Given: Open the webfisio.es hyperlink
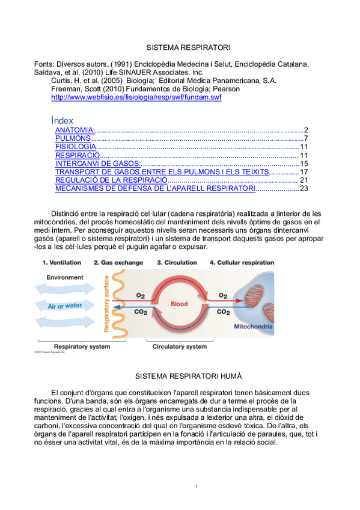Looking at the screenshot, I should click(136, 97).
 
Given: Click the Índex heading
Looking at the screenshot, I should click(63, 120).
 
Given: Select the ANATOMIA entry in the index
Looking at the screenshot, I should click(75, 130).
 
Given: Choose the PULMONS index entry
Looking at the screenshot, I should click(72, 138).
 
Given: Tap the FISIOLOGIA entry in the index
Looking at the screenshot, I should click(75, 147).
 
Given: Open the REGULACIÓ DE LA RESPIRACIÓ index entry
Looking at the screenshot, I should click(111, 180).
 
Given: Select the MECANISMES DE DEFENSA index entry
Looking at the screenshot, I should click(155, 188).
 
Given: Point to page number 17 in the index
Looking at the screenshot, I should click(304, 172).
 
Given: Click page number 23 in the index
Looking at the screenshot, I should click(304, 188).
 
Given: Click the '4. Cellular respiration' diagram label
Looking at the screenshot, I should click(242, 263).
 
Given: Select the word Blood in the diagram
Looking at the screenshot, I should click(180, 304).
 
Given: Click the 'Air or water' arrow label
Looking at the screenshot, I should click(65, 306).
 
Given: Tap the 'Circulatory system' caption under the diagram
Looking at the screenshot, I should click(180, 346).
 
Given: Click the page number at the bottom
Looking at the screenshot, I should click(197, 485).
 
